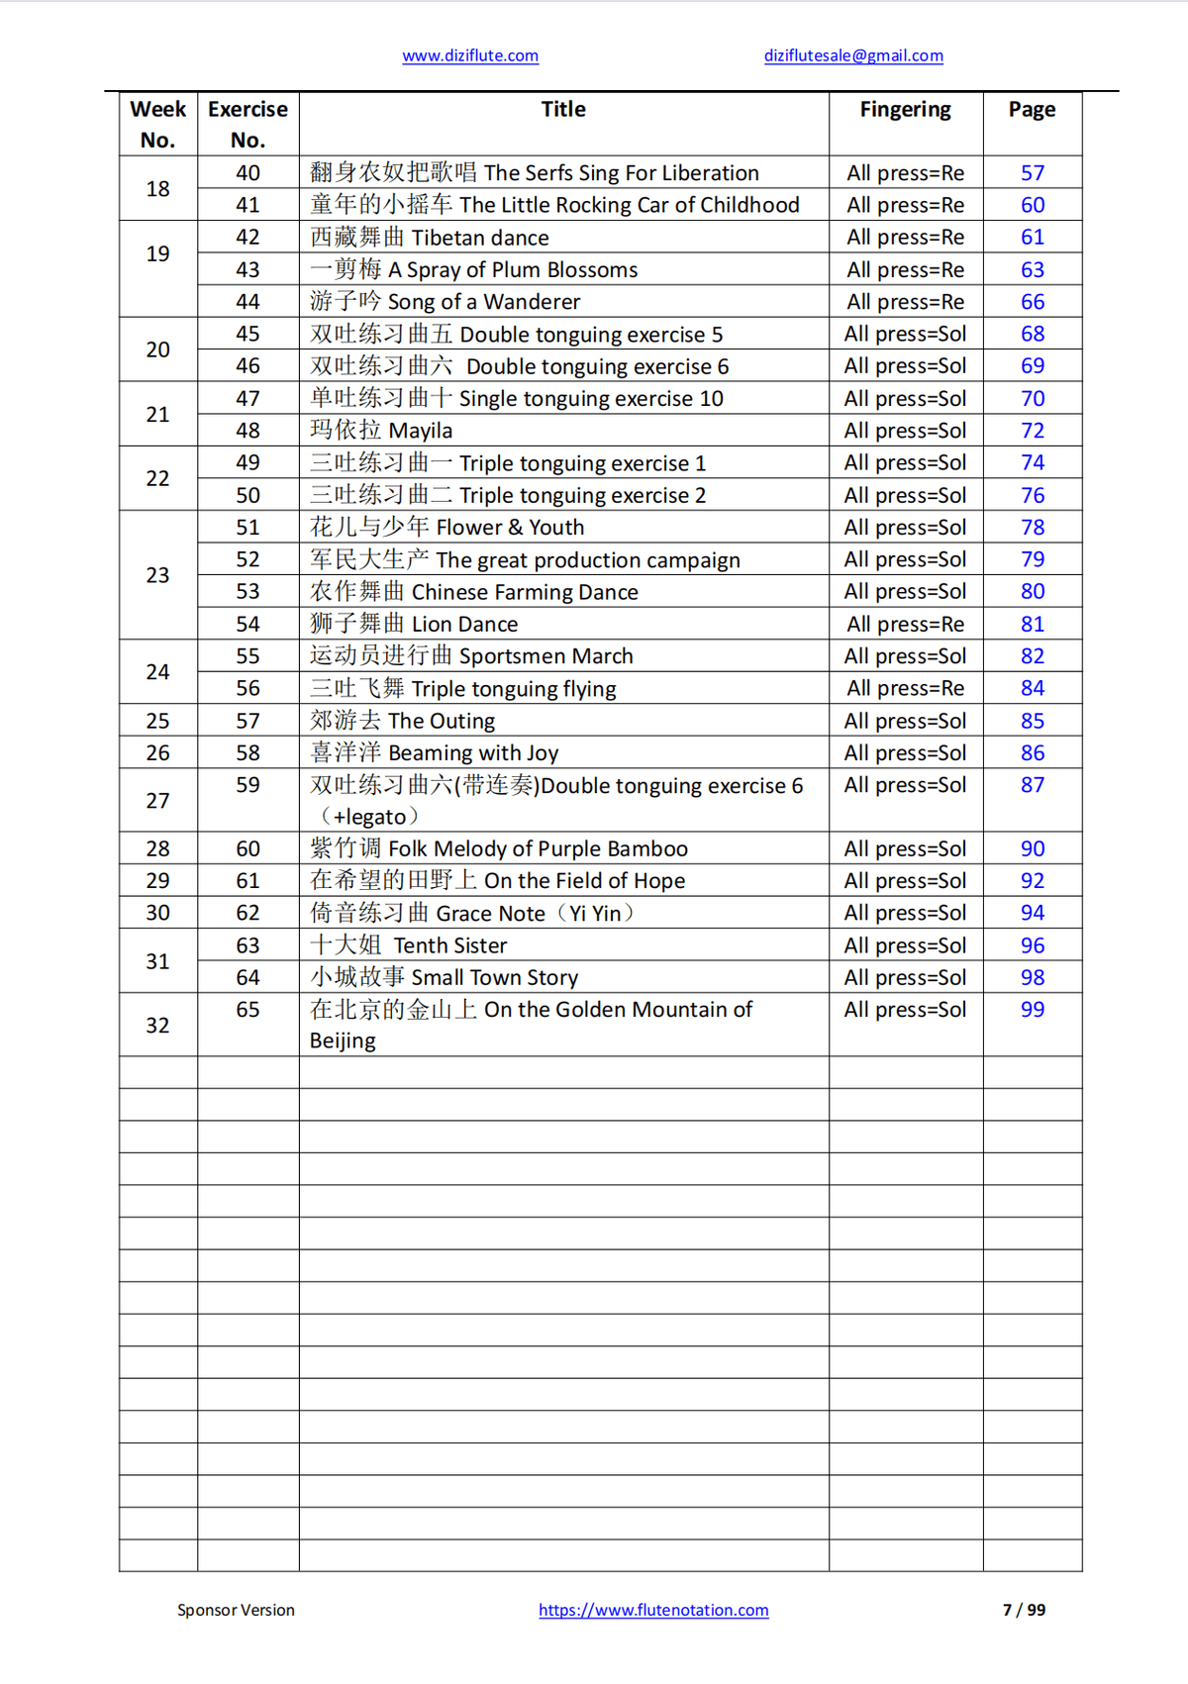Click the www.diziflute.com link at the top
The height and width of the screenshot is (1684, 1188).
[x=470, y=56]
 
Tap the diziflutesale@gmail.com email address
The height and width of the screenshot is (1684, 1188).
[x=853, y=56]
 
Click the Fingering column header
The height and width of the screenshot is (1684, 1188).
[x=905, y=110]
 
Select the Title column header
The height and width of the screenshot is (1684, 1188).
[x=563, y=110]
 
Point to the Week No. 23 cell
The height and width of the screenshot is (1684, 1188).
[x=157, y=575]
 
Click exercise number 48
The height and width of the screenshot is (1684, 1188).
[x=247, y=431]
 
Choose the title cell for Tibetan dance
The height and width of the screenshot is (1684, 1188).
[x=430, y=238]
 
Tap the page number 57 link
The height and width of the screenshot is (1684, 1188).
[x=1033, y=173]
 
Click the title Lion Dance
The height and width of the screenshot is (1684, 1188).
[x=414, y=624]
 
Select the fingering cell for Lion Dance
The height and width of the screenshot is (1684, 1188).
[x=905, y=624]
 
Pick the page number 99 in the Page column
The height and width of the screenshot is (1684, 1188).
[x=1033, y=1010]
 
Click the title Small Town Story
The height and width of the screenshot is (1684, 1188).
[x=444, y=977]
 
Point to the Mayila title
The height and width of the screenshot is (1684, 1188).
[x=381, y=431]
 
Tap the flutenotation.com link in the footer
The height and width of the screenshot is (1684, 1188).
[x=653, y=1610]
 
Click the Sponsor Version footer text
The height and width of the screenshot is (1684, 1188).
[x=236, y=1610]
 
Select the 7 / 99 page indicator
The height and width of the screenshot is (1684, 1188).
[x=1024, y=1610]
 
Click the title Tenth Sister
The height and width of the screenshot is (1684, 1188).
[x=408, y=945]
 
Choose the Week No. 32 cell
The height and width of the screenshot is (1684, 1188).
[x=157, y=1025]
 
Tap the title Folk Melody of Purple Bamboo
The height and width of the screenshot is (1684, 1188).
[x=498, y=848]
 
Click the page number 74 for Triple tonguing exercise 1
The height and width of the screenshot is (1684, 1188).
[x=1033, y=462]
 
